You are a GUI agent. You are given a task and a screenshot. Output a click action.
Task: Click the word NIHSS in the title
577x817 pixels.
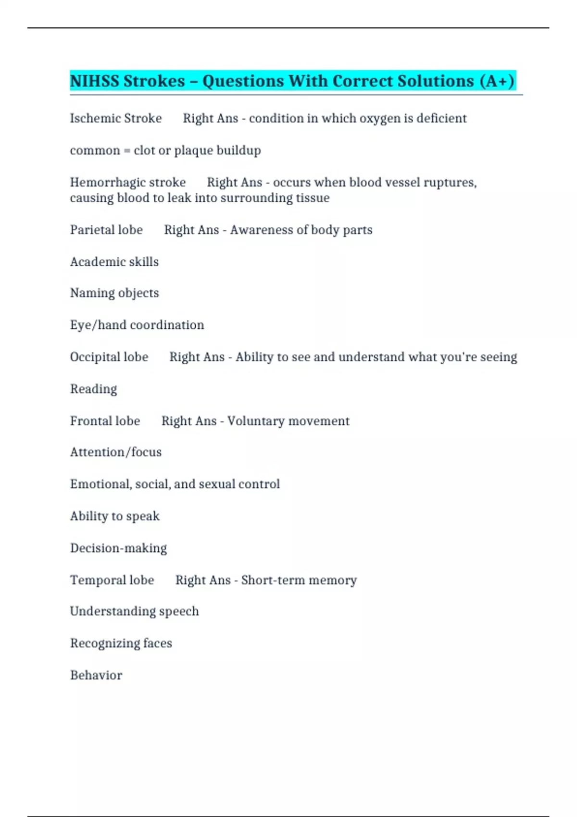[x=94, y=81]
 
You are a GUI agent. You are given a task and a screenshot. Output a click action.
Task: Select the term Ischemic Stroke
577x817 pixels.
[x=116, y=118]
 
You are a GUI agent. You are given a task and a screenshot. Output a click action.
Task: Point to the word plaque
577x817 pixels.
[x=193, y=151]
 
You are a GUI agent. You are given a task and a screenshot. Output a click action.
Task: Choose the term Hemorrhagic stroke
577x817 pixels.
[x=128, y=183]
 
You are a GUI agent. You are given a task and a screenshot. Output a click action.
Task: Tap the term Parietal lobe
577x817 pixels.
[x=106, y=230]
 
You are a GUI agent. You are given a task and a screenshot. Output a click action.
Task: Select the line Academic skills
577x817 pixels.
[x=114, y=262]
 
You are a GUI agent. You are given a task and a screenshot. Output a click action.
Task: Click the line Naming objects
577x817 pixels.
[x=114, y=293]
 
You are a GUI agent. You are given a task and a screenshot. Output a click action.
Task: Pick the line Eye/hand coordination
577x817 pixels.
[x=137, y=325]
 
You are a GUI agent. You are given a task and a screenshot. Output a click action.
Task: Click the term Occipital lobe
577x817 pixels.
[x=109, y=357]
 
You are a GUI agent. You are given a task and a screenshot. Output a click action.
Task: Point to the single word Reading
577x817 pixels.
[x=94, y=389]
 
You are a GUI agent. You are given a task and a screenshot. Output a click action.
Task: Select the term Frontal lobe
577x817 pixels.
[x=105, y=421]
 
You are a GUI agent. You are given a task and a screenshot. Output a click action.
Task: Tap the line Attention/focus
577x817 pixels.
[x=116, y=452]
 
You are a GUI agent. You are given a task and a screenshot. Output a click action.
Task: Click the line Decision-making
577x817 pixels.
[x=119, y=548]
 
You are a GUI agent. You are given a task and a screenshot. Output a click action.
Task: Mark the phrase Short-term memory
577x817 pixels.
[x=299, y=580]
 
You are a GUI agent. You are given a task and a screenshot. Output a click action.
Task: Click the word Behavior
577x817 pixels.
[x=96, y=675]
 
